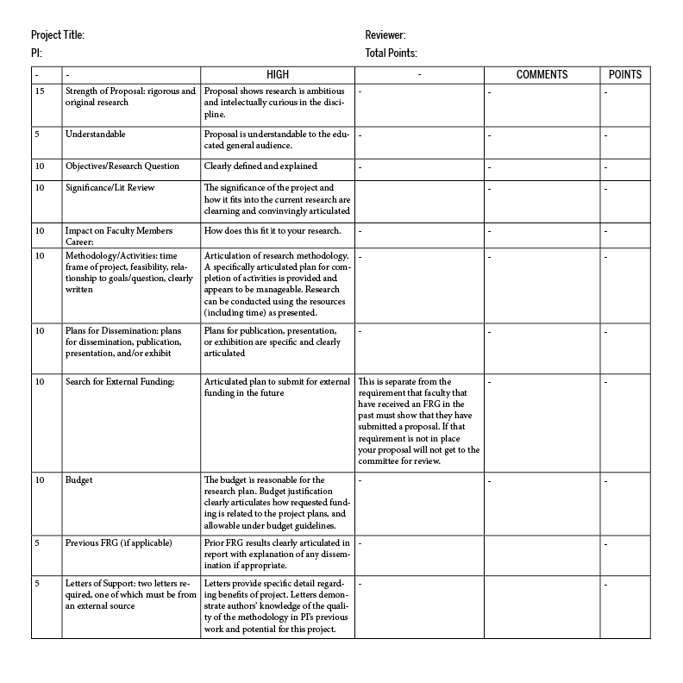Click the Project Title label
click(58, 35)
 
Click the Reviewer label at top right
click(385, 35)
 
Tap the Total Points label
click(391, 53)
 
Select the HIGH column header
click(278, 75)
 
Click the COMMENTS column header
click(542, 75)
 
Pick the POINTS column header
click(624, 75)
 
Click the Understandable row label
click(95, 135)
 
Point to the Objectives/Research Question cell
click(122, 166)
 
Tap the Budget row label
click(78, 479)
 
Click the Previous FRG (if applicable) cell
click(118, 542)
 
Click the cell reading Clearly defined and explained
click(260, 166)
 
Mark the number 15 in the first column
click(40, 91)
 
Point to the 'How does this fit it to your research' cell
click(273, 230)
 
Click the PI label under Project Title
click(36, 53)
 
